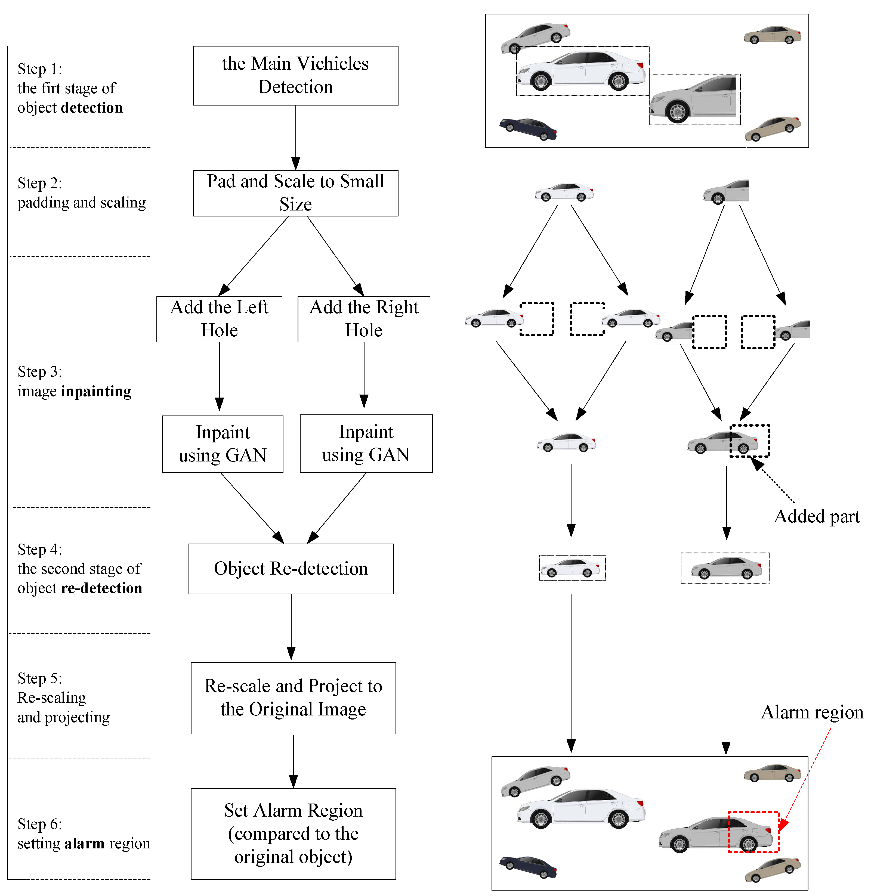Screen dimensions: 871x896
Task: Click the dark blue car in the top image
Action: [x=528, y=129]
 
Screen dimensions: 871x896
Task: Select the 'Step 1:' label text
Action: [x=40, y=69]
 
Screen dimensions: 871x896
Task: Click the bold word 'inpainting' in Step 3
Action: [x=97, y=392]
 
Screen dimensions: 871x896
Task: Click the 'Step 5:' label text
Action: [x=40, y=678]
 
